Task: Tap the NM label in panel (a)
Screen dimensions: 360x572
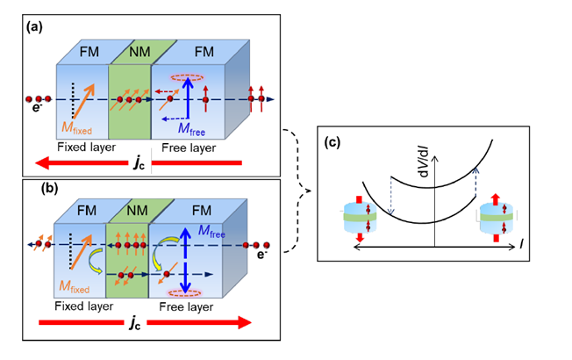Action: point(129,52)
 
